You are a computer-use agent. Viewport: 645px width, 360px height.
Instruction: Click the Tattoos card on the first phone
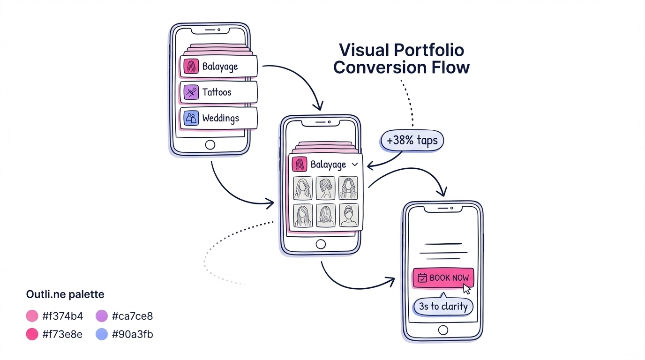[218, 92]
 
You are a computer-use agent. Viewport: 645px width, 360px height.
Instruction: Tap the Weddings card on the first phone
[218, 118]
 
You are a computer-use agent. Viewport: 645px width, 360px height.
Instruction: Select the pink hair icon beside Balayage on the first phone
[191, 67]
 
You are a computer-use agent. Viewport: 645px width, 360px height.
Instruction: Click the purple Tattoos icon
[191, 92]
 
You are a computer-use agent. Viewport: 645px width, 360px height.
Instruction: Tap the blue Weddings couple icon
[191, 118]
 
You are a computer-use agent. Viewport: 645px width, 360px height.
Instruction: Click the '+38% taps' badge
[412, 141]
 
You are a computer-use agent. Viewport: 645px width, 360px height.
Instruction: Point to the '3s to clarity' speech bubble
[443, 307]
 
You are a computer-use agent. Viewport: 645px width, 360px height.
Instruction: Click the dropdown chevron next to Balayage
[355, 165]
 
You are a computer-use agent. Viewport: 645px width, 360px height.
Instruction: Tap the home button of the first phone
[210, 144]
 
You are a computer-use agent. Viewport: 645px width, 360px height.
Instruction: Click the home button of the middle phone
[321, 244]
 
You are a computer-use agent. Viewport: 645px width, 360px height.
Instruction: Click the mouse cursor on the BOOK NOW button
[466, 288]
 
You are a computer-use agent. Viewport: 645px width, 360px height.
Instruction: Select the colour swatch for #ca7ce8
[102, 316]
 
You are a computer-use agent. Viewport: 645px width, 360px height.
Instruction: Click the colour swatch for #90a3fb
[102, 335]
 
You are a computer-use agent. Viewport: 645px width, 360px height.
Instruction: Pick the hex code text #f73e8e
[62, 335]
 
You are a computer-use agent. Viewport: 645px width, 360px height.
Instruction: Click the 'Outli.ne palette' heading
[65, 295]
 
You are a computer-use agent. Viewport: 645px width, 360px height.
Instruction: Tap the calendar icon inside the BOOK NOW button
[422, 278]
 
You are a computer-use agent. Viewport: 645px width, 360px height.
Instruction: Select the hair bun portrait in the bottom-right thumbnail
[348, 216]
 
